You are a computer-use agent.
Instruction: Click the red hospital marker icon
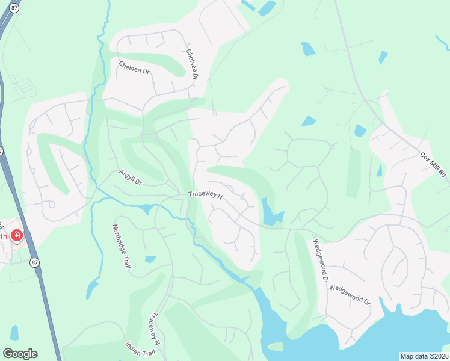click(16, 235)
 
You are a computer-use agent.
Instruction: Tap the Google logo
click(20, 354)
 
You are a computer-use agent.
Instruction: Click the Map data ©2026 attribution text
click(424, 356)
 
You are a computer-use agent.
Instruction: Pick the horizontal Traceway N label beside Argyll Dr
click(205, 196)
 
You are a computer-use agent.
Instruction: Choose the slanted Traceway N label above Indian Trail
click(154, 329)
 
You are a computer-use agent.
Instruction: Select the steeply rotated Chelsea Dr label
click(192, 65)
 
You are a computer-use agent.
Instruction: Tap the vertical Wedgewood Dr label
click(319, 262)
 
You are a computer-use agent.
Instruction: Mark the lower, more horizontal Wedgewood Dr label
click(350, 295)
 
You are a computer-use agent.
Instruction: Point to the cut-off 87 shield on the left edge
click(2, 151)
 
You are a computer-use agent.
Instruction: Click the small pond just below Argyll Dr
click(146, 209)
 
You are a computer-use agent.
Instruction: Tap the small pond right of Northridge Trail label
click(150, 259)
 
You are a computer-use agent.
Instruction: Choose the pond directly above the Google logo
click(14, 333)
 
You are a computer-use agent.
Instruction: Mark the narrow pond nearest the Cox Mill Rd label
click(380, 171)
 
